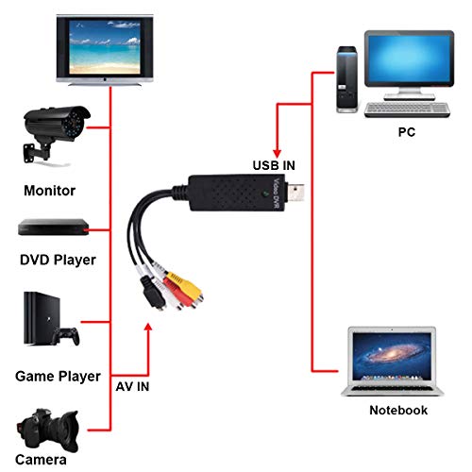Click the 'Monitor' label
(50, 191)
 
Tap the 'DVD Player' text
(58, 261)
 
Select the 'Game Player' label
(58, 377)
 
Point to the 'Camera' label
(41, 460)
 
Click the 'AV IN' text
(132, 387)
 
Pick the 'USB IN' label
(274, 165)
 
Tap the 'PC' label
(407, 132)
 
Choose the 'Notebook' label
(398, 411)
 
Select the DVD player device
(54, 228)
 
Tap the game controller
(65, 336)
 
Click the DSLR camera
(47, 430)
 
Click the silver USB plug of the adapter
(296, 193)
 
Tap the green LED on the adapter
(265, 194)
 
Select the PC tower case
(346, 79)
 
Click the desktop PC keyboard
(407, 110)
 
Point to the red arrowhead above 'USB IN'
(277, 153)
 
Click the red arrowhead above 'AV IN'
(148, 328)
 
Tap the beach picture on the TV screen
(105, 47)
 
